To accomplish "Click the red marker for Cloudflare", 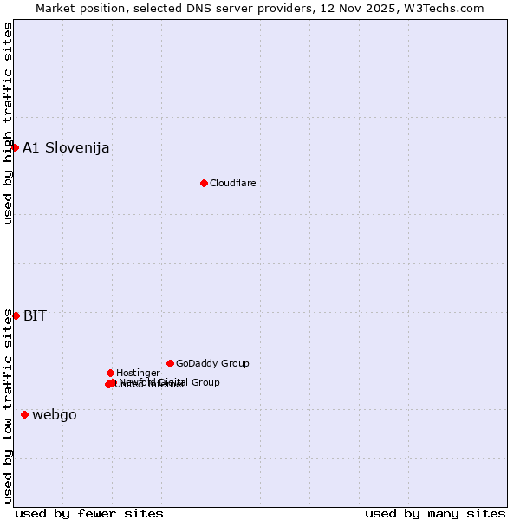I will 204,183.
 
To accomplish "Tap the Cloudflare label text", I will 232,183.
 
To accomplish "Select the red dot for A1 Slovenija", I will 15,147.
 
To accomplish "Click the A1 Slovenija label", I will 66,147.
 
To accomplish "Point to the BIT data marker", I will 16,315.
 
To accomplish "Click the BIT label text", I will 35,315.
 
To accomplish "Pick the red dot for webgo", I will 24,414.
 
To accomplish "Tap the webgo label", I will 55,414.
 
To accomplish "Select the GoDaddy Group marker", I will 170,363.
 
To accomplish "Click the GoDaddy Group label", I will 212,363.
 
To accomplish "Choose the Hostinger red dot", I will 110,373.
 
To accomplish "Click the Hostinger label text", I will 138,373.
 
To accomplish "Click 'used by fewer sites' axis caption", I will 89,513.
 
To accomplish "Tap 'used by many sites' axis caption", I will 435,513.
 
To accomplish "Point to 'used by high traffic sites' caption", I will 8,123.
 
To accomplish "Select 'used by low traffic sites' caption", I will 8,406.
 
